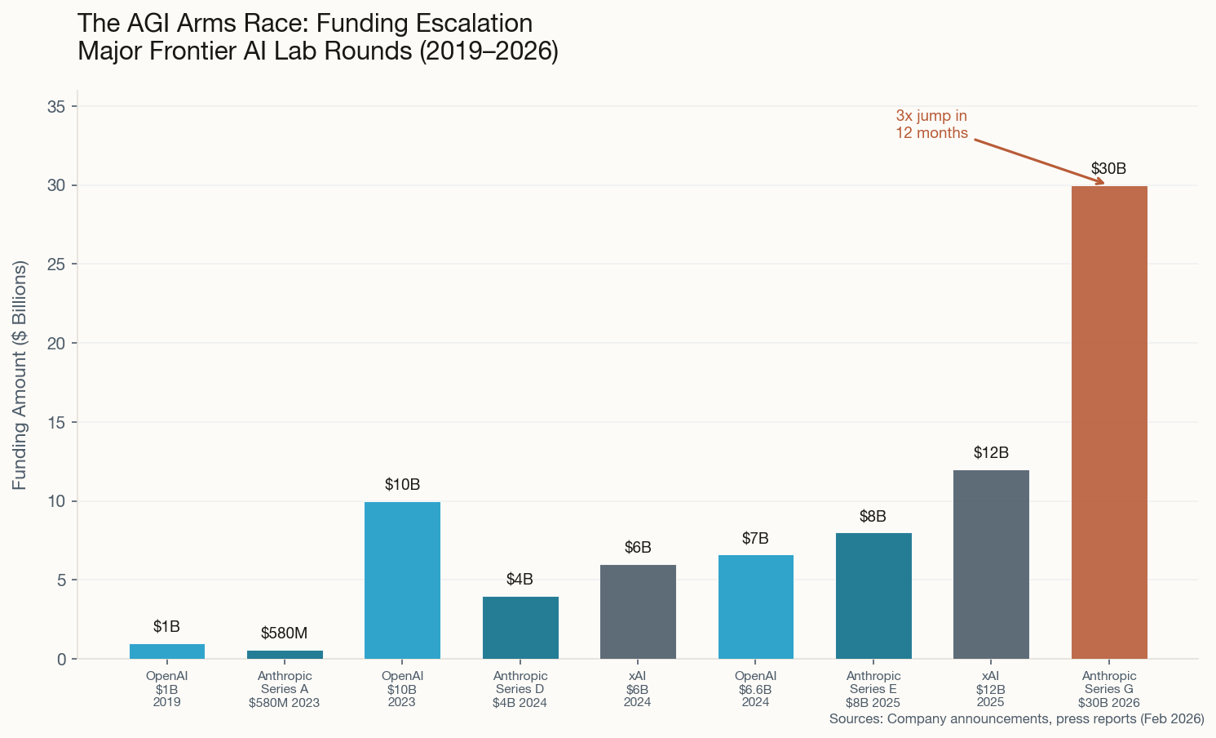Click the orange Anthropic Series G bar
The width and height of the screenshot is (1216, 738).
point(1109,422)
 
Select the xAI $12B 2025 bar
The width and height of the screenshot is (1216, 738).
point(991,564)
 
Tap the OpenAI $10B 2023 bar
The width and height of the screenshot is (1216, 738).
point(402,580)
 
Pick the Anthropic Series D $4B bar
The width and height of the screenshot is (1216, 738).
point(520,627)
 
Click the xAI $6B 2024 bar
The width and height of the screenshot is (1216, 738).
point(638,611)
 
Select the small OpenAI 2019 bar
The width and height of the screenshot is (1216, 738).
point(167,651)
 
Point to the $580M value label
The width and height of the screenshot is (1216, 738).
point(284,633)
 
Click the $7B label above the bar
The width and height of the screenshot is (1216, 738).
point(755,539)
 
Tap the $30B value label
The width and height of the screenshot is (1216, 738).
point(1108,169)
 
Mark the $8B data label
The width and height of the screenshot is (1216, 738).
point(873,517)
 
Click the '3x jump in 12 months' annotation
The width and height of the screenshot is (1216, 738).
point(931,125)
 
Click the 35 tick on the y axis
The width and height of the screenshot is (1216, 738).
point(56,106)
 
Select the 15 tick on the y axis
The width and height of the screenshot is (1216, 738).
point(56,422)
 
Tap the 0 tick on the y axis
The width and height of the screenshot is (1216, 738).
point(60,659)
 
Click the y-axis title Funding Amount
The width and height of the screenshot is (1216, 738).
point(20,376)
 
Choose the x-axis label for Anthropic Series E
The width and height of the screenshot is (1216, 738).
point(873,689)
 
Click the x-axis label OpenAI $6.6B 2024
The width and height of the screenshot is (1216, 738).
point(755,689)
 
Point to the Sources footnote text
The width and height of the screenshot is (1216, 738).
point(1016,719)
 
